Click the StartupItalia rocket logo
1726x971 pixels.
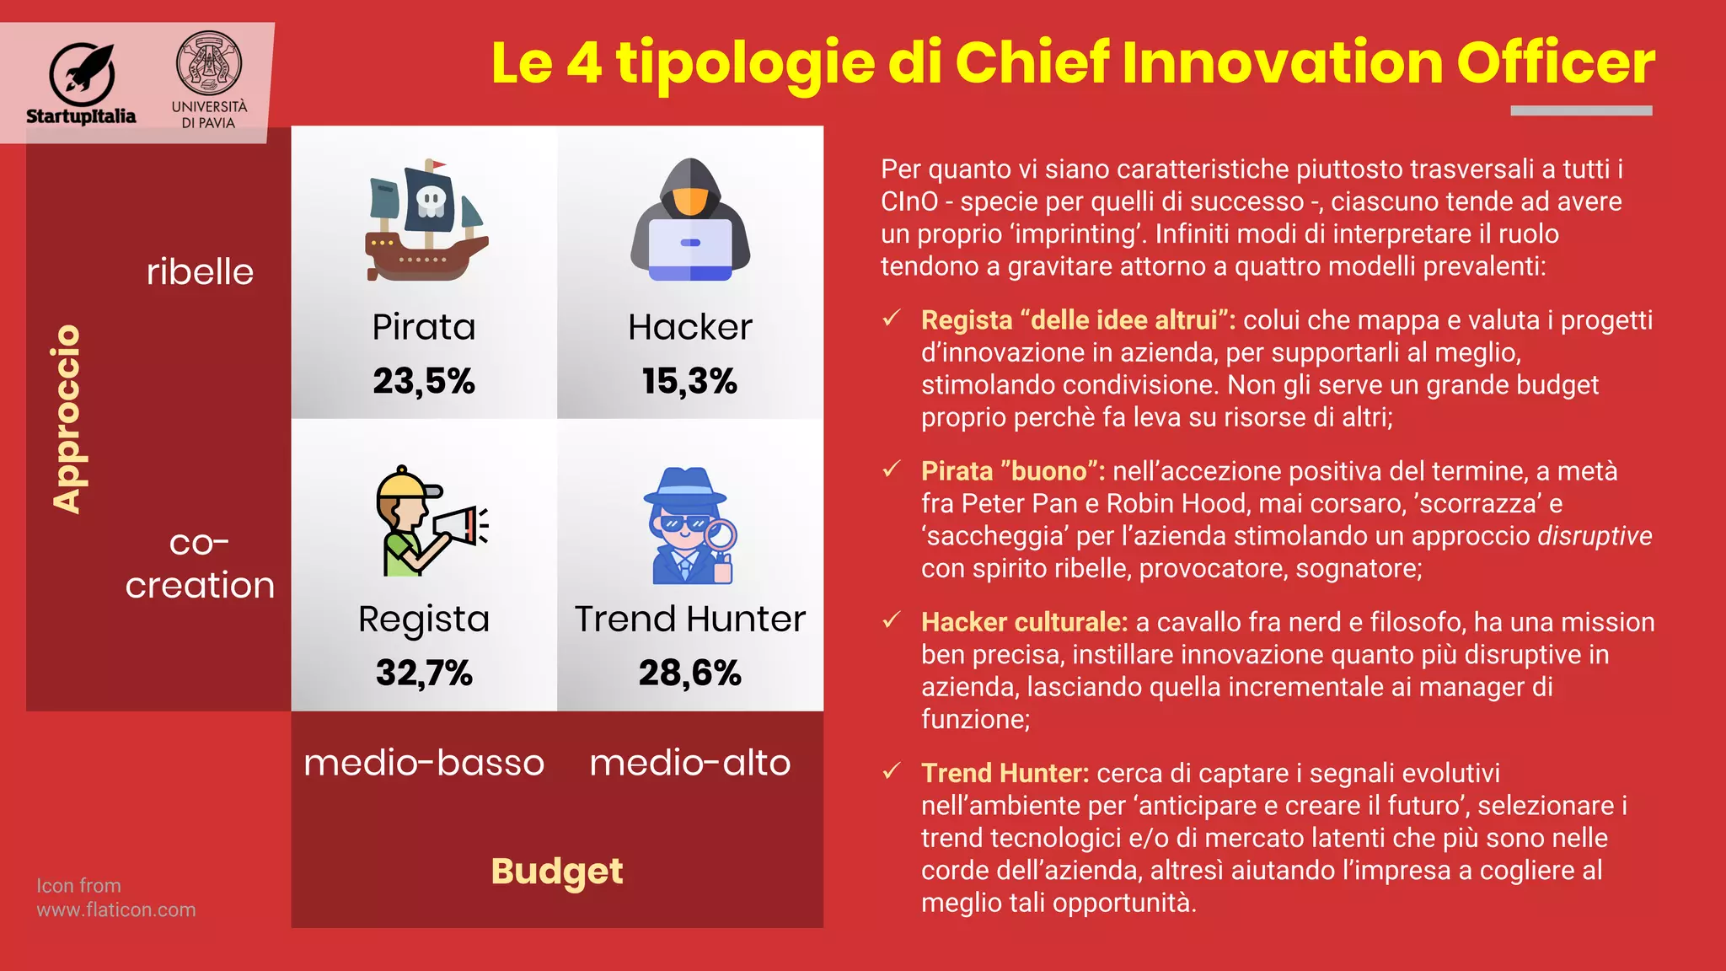coord(82,71)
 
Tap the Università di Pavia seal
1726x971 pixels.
coord(208,63)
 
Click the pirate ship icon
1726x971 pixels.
coord(425,220)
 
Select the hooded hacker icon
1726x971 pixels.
coord(690,220)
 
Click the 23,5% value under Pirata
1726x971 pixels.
coord(424,381)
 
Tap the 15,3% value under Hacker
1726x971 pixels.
coord(689,381)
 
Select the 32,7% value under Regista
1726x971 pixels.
coord(424,673)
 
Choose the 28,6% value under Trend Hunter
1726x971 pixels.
coord(689,673)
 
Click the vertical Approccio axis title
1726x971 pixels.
coord(67,419)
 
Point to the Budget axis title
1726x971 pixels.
coord(557,872)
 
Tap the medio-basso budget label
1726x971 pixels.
coord(424,763)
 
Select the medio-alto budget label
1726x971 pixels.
coord(689,763)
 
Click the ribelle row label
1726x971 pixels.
coord(200,272)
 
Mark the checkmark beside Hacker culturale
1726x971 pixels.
coord(892,621)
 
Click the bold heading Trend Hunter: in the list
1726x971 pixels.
coord(1005,773)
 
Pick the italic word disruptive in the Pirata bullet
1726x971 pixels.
coord(1595,536)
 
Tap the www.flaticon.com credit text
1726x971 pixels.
coord(116,910)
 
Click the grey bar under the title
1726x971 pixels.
coord(1581,110)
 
